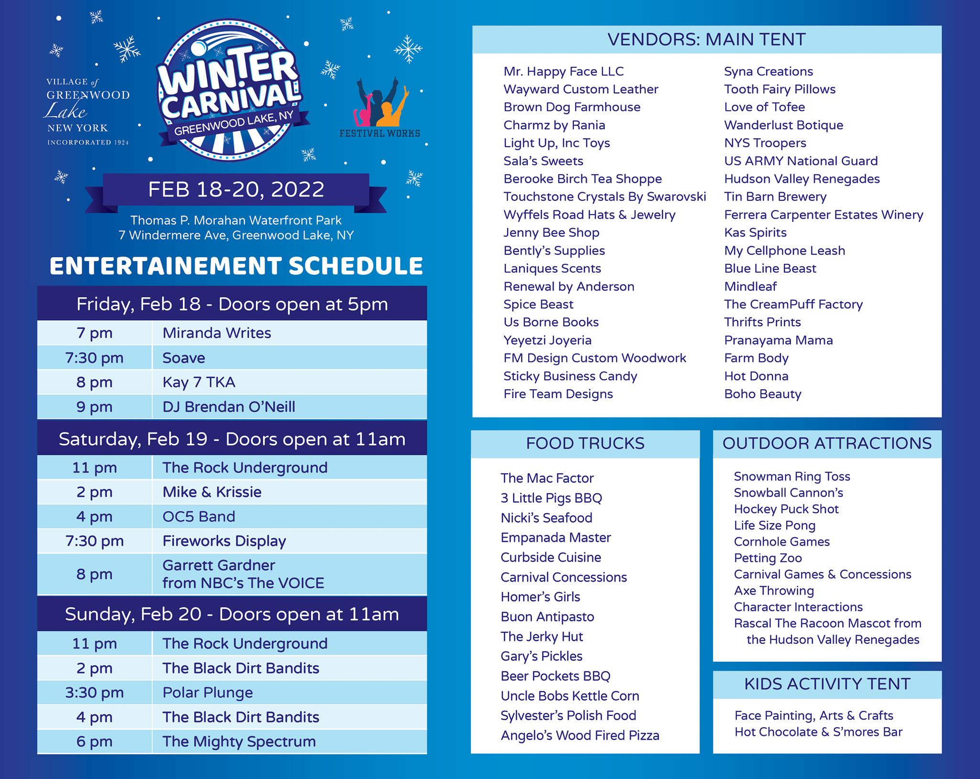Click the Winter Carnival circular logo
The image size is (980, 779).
pyautogui.click(x=229, y=91)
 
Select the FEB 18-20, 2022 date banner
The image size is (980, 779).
pyautogui.click(x=236, y=189)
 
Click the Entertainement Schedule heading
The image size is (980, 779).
pyautogui.click(x=236, y=266)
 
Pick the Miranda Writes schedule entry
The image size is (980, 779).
pyautogui.click(x=217, y=333)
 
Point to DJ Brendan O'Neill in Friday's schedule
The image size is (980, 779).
pyautogui.click(x=229, y=406)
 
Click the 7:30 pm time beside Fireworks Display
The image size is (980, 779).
pyautogui.click(x=94, y=541)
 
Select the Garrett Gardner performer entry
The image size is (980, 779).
pyautogui.click(x=243, y=574)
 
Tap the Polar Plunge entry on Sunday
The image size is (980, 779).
pyautogui.click(x=208, y=692)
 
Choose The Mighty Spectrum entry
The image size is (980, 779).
pyautogui.click(x=239, y=741)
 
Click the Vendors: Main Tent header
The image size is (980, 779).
pyautogui.click(x=706, y=40)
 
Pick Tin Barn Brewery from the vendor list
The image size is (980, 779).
pyautogui.click(x=775, y=197)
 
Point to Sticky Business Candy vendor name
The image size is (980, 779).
pyautogui.click(x=570, y=376)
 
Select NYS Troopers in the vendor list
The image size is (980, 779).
pyautogui.click(x=765, y=143)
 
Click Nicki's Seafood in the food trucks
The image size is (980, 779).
pyautogui.click(x=546, y=517)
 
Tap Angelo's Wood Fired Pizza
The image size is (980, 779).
pyautogui.click(x=579, y=735)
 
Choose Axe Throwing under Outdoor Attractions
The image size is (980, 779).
pyautogui.click(x=774, y=591)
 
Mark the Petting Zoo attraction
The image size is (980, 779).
pyautogui.click(x=768, y=558)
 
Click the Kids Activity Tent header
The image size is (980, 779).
pyautogui.click(x=827, y=684)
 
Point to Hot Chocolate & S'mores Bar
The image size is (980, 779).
pyautogui.click(x=818, y=732)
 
